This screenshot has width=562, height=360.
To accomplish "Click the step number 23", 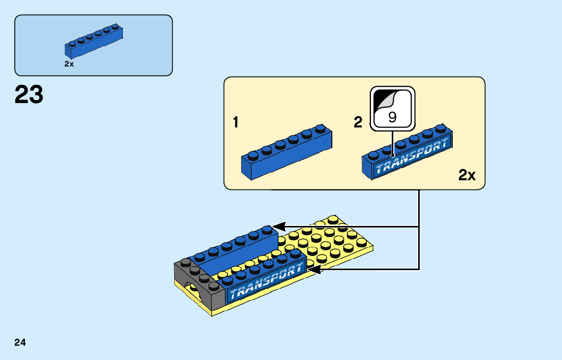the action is coord(29,94).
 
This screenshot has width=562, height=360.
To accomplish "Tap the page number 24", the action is coord(20,342).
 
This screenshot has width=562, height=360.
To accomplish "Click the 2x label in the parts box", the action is coord(69,64).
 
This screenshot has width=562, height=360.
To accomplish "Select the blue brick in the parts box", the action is coord(94,41).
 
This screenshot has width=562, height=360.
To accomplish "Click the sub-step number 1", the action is coord(235,122).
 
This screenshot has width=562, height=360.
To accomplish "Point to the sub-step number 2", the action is coord(358,122).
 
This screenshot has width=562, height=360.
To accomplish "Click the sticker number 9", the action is coord(392,117).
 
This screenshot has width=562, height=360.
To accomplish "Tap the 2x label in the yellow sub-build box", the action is coord(467,175).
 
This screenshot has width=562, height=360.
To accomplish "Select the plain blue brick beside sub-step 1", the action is coord(287,152).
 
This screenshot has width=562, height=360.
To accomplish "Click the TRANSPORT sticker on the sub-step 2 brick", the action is coord(412,156).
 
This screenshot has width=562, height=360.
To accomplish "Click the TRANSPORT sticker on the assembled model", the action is coord(266,281).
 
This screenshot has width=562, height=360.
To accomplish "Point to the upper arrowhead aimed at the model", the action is coord(279,227).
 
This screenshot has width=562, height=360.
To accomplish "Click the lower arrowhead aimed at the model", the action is coord(314,270).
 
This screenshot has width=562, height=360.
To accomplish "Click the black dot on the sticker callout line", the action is coord(392,155).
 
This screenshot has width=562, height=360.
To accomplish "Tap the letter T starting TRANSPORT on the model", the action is coord(233,293).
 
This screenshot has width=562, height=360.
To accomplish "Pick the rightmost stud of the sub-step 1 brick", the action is coord(321,128).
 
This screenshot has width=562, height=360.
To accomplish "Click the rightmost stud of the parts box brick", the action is coord(115,26).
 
